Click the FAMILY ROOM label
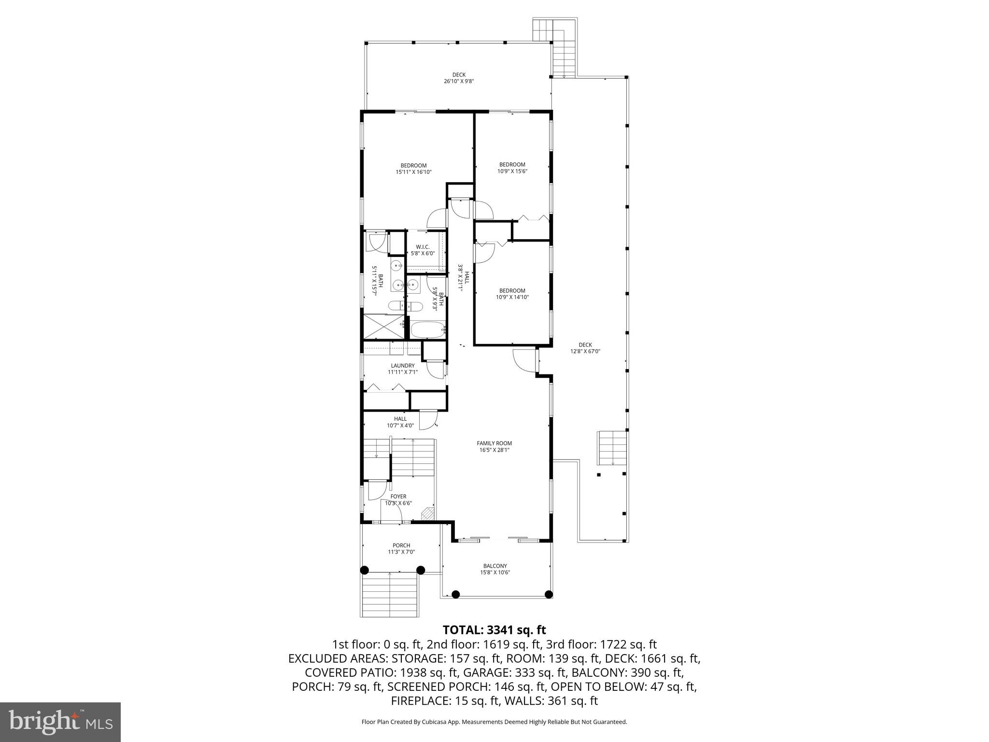tap(494, 443)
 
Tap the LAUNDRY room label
tap(402, 366)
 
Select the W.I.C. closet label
tap(423, 247)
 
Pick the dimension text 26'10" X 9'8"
tap(459, 81)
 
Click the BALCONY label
tap(495, 566)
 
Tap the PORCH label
tap(401, 545)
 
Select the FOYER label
tap(398, 496)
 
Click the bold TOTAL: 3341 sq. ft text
tap(494, 630)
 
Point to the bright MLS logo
tap(60, 722)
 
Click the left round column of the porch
tap(365, 570)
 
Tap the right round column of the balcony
tap(548, 594)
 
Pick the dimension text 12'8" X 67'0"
tap(585, 351)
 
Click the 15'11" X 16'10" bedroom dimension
tap(413, 171)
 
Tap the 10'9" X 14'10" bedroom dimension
tap(512, 297)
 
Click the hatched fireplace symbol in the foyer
tap(427, 514)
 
